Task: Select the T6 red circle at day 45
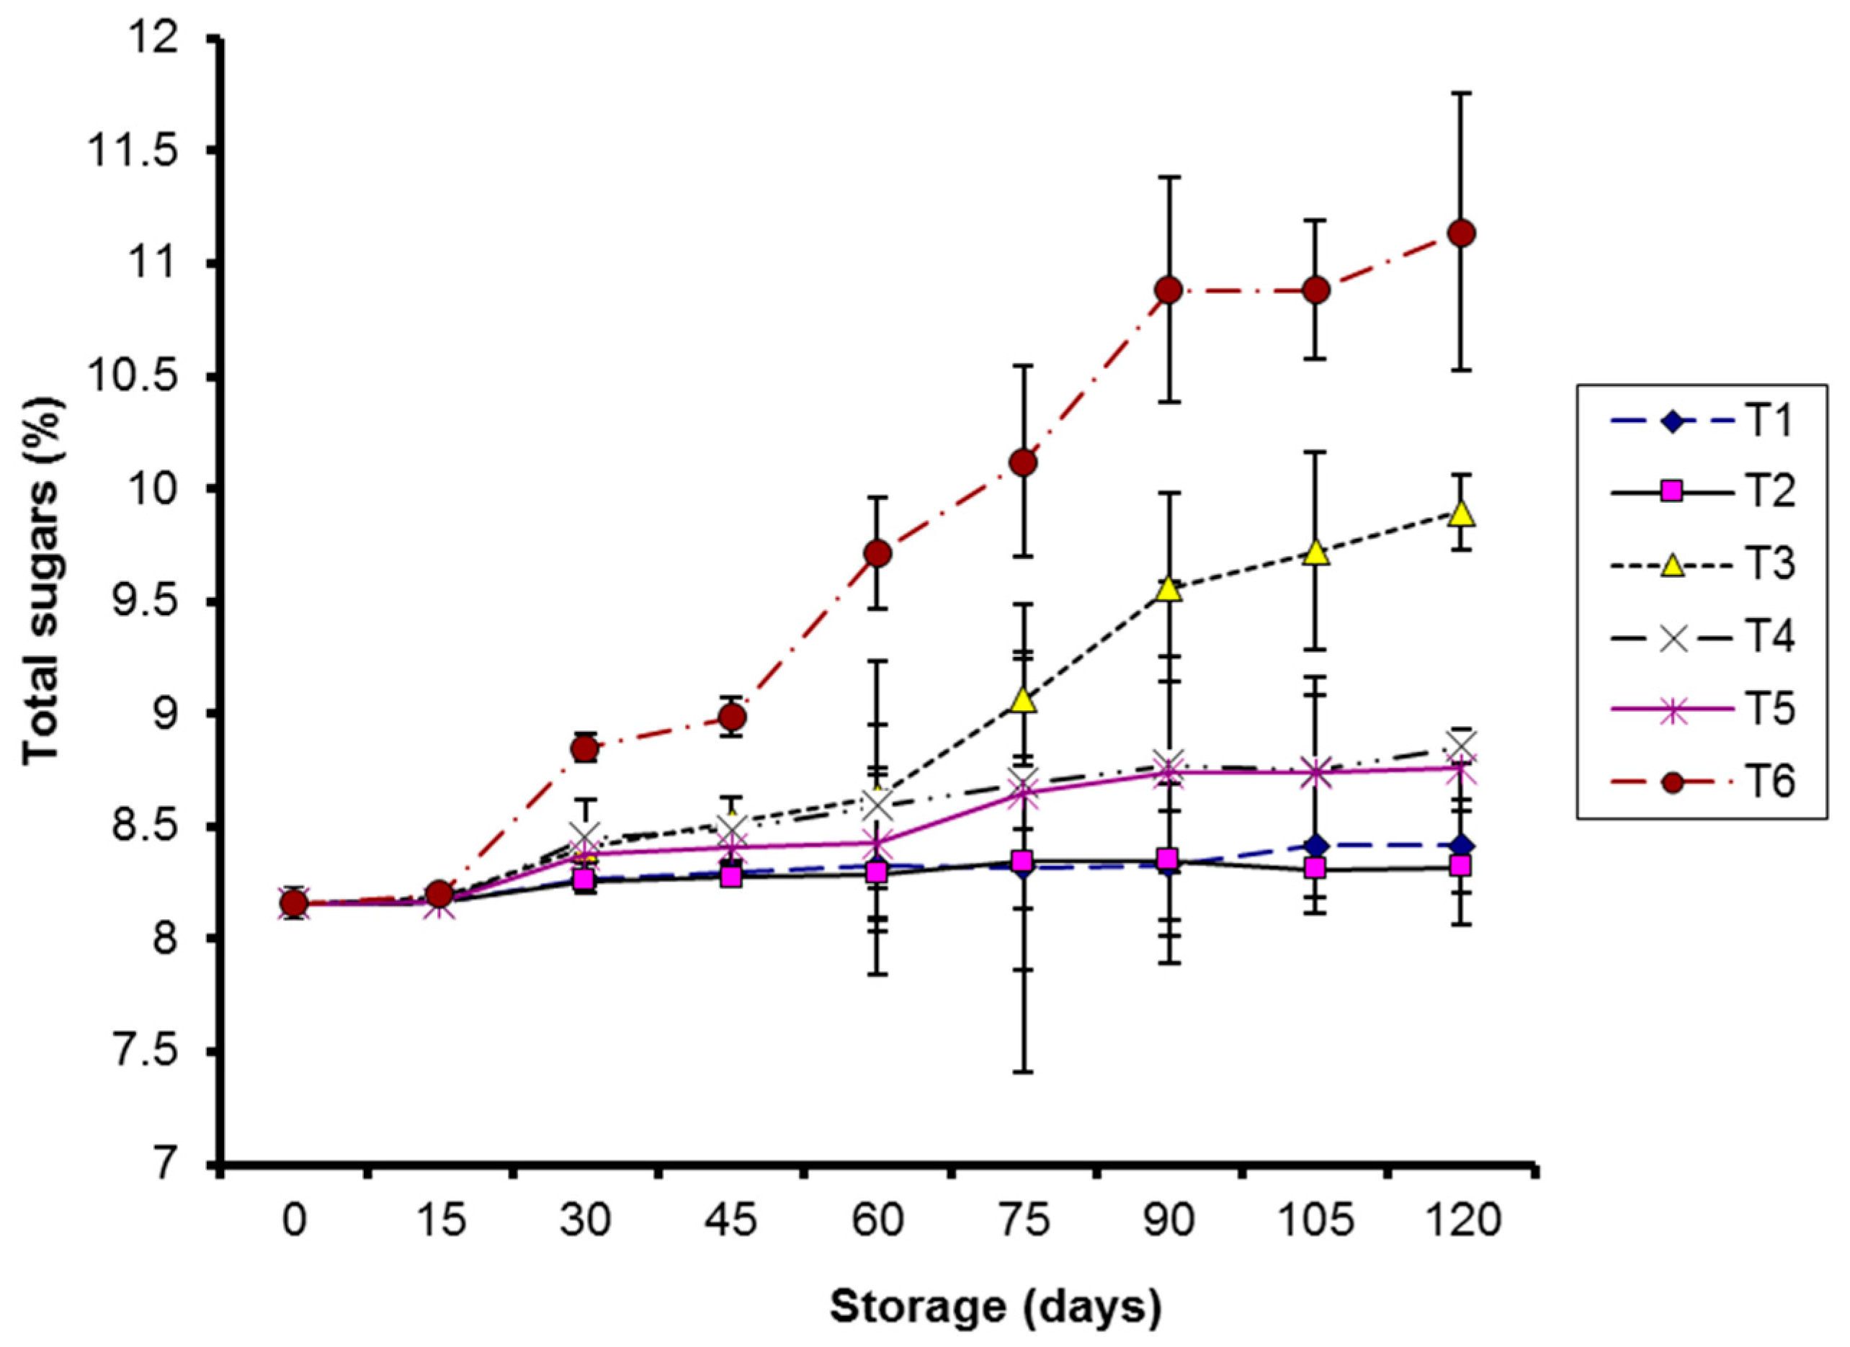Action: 732,717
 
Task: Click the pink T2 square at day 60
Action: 877,872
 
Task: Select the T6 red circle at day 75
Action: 1023,463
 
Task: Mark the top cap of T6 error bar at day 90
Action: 1170,177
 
